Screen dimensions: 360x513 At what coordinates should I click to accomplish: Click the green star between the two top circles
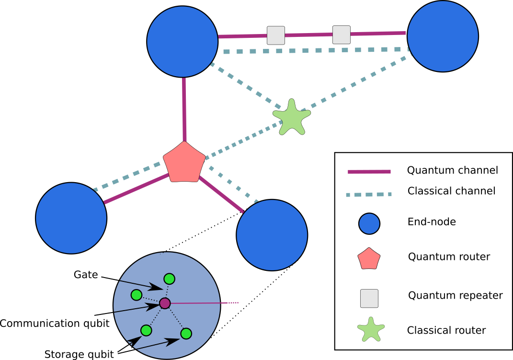[291, 118]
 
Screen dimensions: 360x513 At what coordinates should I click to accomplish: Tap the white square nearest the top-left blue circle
[275, 35]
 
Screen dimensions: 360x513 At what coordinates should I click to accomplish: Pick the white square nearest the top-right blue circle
[341, 35]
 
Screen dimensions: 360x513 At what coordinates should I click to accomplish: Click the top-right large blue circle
[443, 36]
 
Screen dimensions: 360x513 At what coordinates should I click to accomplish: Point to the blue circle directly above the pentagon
[182, 42]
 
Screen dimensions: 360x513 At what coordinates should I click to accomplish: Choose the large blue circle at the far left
[71, 218]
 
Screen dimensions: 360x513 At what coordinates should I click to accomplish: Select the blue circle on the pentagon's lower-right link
[272, 235]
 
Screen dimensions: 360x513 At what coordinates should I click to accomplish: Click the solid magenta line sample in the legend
[369, 172]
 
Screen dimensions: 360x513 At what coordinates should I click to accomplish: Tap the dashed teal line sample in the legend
[369, 195]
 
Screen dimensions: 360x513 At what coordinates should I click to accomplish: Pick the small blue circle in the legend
[369, 224]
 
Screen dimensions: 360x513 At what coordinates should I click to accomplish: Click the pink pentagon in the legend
[369, 259]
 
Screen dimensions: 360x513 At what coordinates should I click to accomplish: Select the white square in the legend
[369, 298]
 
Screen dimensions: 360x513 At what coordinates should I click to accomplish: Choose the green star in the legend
[371, 330]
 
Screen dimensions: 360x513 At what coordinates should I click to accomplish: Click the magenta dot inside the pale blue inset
[165, 303]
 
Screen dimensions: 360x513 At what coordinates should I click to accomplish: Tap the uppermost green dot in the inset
[169, 279]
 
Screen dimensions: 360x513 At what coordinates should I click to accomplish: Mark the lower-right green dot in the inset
[186, 334]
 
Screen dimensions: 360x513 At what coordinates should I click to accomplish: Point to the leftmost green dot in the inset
[137, 295]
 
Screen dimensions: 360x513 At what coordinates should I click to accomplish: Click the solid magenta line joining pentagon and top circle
[184, 110]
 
